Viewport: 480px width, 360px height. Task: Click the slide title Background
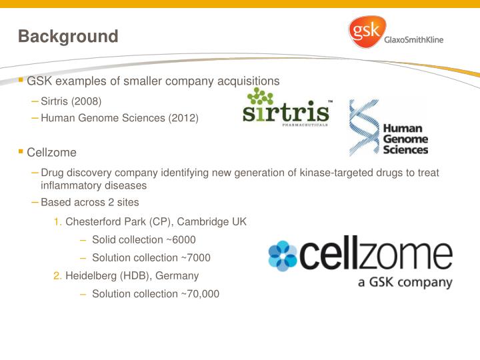68,36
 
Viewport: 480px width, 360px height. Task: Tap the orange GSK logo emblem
365,33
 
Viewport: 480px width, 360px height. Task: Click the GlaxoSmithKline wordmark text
414,39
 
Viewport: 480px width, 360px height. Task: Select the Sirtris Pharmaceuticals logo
286,107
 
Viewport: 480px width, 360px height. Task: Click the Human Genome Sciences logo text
405,139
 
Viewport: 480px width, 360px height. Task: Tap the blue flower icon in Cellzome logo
283,255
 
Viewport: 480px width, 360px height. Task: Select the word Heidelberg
90,275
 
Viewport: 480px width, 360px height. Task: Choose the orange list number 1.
58,221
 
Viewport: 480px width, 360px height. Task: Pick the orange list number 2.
58,275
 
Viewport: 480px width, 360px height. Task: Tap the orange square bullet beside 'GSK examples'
21,80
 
